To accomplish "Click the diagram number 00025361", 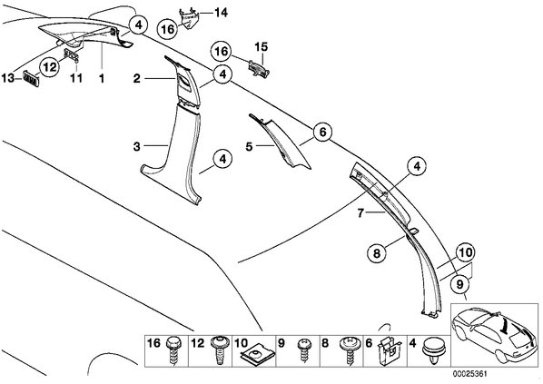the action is [470, 374].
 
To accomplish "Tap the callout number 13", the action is [8, 78].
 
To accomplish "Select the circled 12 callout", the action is [50, 67].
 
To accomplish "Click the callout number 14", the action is [221, 13].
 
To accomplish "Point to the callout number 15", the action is [262, 46].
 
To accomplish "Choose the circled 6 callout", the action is [322, 132].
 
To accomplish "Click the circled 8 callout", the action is [377, 253].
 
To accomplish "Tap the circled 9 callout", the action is [459, 284].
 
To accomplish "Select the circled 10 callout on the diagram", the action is [466, 252].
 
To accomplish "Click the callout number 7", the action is [360, 213].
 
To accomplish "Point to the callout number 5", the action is [250, 146].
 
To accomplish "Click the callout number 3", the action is [137, 146].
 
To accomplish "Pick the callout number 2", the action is [137, 79].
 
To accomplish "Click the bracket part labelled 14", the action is [189, 19].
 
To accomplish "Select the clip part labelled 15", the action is [259, 67].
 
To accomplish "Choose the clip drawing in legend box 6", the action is [389, 350].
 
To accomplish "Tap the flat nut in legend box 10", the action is [255, 355].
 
